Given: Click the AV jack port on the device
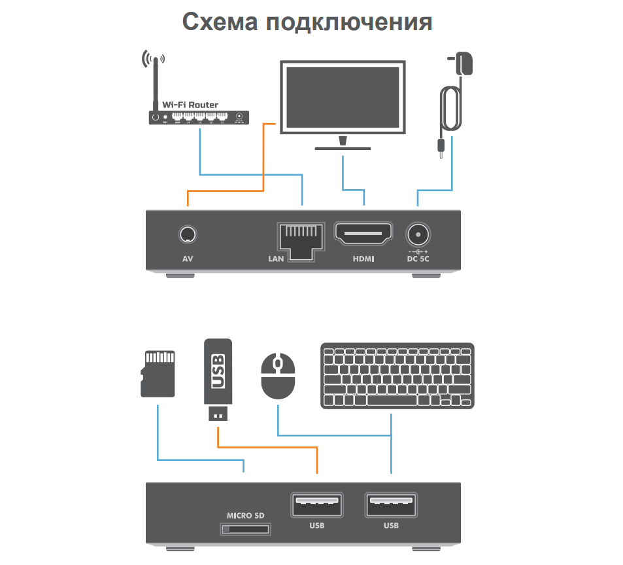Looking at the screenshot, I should (x=188, y=234).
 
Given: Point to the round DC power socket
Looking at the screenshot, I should (x=417, y=234).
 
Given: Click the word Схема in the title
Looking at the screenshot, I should (x=220, y=22).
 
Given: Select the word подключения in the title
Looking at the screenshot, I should (x=348, y=22).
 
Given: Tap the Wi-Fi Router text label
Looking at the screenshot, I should (x=190, y=105).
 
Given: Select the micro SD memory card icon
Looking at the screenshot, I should (x=158, y=373).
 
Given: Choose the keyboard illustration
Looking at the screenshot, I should (x=397, y=376).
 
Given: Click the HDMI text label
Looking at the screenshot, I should (x=363, y=259).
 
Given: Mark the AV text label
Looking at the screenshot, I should (x=188, y=259).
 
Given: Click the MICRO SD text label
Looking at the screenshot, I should (x=245, y=515).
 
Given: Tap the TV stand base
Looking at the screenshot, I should (x=343, y=148).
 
